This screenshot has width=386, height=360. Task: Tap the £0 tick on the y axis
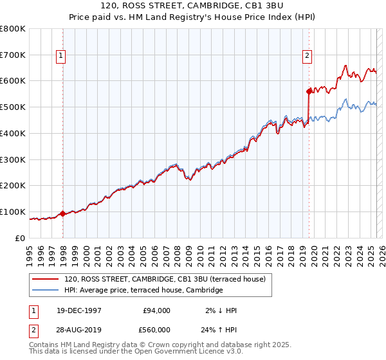pyautogui.click(x=21, y=238)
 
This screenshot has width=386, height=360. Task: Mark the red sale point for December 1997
pyautogui.click(x=63, y=213)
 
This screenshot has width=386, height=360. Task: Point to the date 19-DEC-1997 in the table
pyautogui.click(x=79, y=310)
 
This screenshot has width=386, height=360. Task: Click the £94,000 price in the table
pyautogui.click(x=156, y=310)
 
